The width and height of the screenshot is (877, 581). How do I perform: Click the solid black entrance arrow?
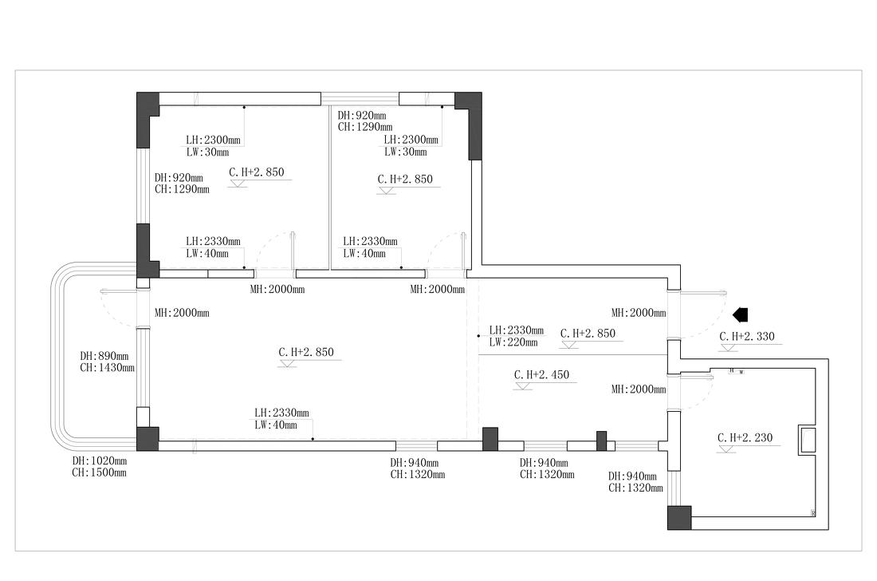(x=741, y=314)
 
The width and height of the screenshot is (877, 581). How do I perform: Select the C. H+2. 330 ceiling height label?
(x=746, y=336)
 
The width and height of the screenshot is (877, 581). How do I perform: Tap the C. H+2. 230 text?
(x=745, y=437)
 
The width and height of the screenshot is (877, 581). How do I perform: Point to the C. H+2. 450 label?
(x=541, y=374)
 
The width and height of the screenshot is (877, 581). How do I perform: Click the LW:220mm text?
(x=513, y=342)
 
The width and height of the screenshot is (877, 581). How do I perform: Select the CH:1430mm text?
(x=107, y=368)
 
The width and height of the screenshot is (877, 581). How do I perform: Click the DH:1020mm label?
(x=100, y=460)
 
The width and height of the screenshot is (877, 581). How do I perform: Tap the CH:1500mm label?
(x=100, y=472)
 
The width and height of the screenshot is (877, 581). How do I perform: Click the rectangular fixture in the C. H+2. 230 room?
(x=808, y=441)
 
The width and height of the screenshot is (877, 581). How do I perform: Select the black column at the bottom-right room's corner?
(x=679, y=517)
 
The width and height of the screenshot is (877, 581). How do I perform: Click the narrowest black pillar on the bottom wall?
(x=602, y=441)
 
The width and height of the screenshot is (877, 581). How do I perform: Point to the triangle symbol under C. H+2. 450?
(x=524, y=386)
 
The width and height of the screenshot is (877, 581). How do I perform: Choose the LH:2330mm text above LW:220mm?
(x=517, y=330)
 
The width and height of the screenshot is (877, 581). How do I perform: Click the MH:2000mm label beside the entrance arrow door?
(x=639, y=314)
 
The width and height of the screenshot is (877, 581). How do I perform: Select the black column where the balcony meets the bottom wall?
(x=147, y=439)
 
